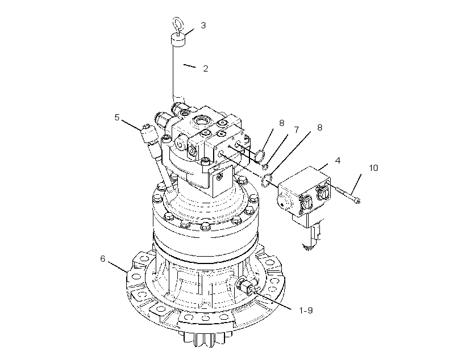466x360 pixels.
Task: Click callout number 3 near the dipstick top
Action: click(x=203, y=25)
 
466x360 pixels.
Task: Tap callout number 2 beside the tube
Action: click(x=205, y=68)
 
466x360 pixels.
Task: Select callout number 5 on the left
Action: click(x=117, y=118)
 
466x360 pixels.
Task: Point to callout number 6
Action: click(x=102, y=259)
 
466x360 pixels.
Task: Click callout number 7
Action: click(x=296, y=130)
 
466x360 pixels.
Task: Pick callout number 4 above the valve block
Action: click(x=338, y=160)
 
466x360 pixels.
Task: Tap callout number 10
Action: click(x=373, y=168)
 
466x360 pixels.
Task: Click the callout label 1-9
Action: click(x=306, y=311)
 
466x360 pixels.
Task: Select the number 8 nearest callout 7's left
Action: click(x=281, y=123)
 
